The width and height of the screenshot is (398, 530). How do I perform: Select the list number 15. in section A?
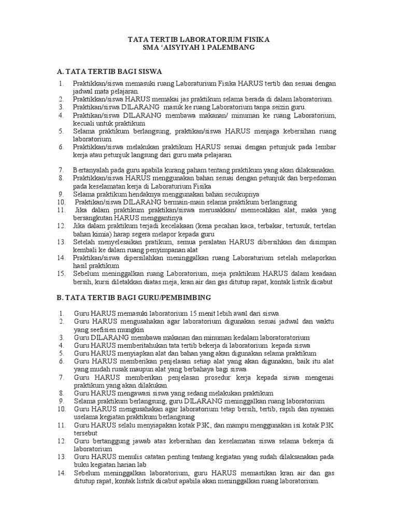pos(61,274)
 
